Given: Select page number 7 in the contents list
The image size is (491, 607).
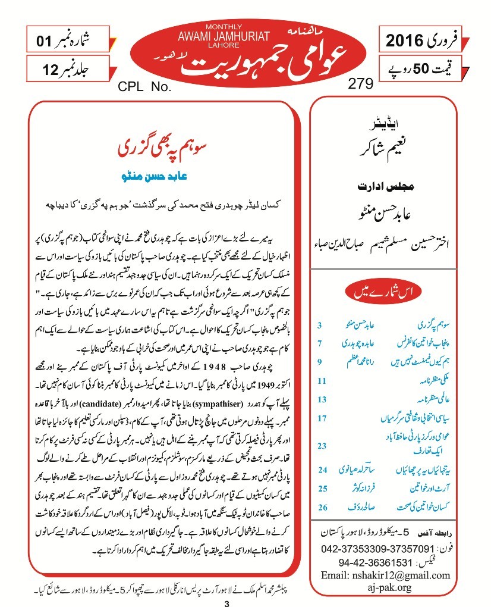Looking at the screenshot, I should coord(320,343).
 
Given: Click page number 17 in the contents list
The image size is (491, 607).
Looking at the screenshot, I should coord(322,418).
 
